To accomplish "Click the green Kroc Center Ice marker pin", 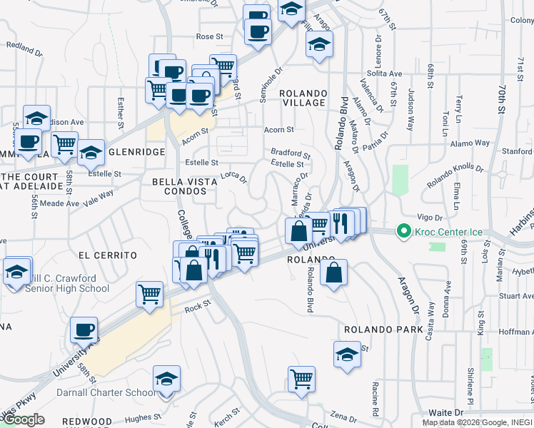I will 403,231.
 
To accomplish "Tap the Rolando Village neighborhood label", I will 303,98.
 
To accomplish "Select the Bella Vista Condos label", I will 184,188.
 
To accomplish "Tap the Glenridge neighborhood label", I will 138,152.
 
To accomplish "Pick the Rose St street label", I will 210,36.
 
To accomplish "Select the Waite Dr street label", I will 446,412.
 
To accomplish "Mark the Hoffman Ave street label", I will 513,331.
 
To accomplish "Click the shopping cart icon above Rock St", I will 149,293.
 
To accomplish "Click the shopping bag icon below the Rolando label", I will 333,272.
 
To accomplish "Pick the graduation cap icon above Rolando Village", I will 319,44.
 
